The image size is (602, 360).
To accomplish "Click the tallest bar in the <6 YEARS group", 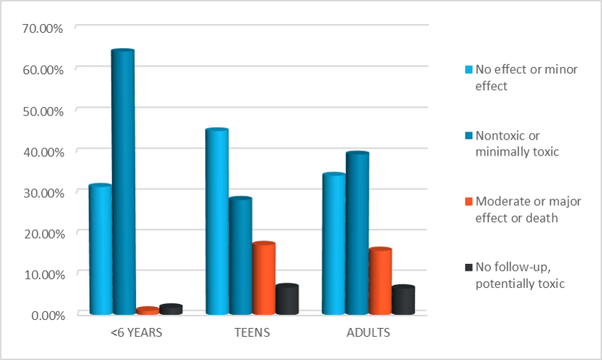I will pyautogui.click(x=123, y=182).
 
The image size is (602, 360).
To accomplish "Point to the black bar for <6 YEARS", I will pyautogui.click(x=170, y=309).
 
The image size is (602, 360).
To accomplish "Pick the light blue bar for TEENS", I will pyautogui.click(x=217, y=222).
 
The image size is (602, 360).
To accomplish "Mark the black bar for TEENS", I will pyautogui.click(x=286, y=299).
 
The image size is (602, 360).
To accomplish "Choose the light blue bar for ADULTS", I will pyautogui.click(x=334, y=244).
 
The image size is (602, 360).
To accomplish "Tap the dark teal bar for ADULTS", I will pyautogui.click(x=357, y=233).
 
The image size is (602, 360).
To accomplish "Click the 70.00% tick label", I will pyautogui.click(x=44, y=28).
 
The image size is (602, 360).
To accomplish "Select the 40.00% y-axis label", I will pyautogui.click(x=44, y=151).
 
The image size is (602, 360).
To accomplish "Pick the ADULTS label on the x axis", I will pyautogui.click(x=369, y=333).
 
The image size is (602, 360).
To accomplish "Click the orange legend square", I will pyautogui.click(x=469, y=201).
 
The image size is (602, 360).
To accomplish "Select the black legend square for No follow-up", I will pyautogui.click(x=469, y=267).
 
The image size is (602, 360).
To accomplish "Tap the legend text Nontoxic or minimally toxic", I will pyautogui.click(x=518, y=143).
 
